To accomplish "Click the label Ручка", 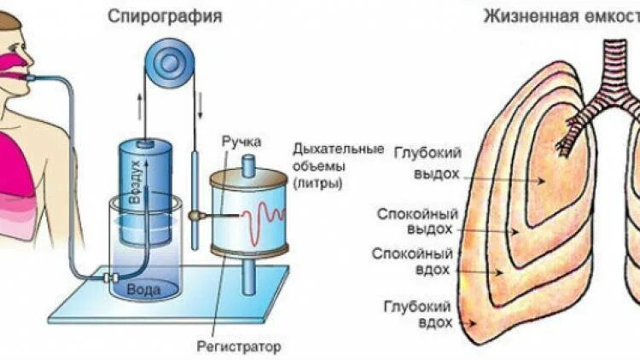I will pos(241,142).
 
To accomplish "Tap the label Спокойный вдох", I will pos(417,262).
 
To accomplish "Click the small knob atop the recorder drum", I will pos(249,164).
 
